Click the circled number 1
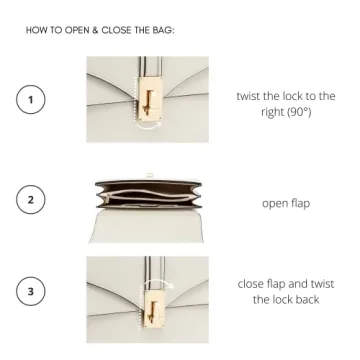(x=30, y=100)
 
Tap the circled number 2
(x=30, y=199)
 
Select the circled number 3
(x=30, y=291)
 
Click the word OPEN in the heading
(x=77, y=30)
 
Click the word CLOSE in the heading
(x=116, y=30)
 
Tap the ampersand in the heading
(x=96, y=30)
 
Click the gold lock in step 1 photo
(x=150, y=97)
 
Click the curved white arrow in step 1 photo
(x=149, y=127)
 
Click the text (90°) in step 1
(x=299, y=112)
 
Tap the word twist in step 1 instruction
(x=248, y=96)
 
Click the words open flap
(x=286, y=203)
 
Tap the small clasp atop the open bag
(x=150, y=175)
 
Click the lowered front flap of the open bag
(x=147, y=226)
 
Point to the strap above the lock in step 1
(x=151, y=67)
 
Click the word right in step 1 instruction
(x=272, y=112)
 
